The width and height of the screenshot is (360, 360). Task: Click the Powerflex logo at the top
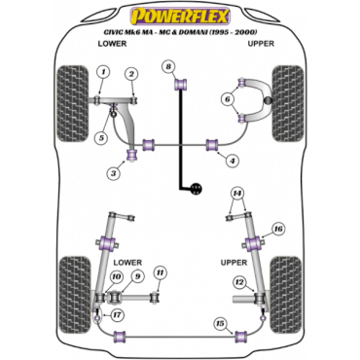click(180, 17)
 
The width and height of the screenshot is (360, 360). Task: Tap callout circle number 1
click(103, 72)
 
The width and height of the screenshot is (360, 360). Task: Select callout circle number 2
click(131, 74)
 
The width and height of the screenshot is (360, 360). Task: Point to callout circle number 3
click(113, 173)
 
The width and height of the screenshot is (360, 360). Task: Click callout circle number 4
click(233, 161)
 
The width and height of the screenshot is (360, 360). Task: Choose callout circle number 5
click(101, 138)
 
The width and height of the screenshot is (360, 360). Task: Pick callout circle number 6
click(228, 99)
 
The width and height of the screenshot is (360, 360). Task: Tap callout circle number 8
click(168, 67)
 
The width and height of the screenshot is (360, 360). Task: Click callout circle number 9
click(137, 276)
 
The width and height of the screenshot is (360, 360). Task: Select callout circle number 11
click(160, 273)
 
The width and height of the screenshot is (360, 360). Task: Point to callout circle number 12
click(239, 282)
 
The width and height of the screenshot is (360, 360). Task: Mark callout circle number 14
click(237, 194)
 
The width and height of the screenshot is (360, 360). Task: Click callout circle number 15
click(220, 323)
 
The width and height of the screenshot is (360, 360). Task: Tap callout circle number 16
click(278, 229)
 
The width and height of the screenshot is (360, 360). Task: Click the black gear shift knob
click(196, 189)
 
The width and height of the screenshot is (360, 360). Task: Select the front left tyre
click(72, 103)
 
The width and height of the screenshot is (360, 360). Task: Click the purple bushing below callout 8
click(181, 85)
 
